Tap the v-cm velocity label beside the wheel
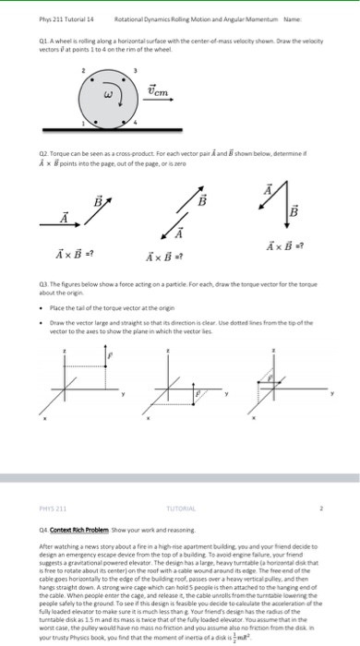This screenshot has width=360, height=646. coord(159,90)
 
